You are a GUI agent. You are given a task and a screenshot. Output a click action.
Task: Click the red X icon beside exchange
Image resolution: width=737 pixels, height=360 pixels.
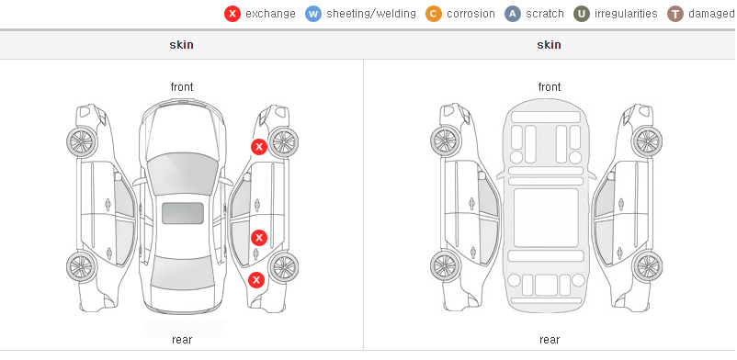(232, 14)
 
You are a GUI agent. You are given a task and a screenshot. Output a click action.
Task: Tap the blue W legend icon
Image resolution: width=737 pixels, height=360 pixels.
(313, 14)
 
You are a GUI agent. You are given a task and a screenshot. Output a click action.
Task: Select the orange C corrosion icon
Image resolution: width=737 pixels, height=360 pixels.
(434, 14)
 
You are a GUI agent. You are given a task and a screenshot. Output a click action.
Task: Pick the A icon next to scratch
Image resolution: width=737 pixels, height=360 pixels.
(513, 14)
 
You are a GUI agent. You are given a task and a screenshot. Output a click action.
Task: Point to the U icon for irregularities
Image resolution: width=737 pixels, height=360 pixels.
(582, 14)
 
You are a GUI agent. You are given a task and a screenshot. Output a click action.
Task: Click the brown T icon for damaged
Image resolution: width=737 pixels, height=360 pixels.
(675, 14)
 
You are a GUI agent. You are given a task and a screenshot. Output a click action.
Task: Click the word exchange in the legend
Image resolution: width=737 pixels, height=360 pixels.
(270, 14)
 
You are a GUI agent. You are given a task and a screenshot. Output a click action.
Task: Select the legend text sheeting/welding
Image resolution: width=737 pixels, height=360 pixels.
(371, 14)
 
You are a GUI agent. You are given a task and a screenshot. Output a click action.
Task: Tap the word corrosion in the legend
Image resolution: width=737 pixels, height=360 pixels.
(471, 14)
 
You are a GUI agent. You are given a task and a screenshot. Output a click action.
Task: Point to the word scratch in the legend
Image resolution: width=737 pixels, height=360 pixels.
(545, 14)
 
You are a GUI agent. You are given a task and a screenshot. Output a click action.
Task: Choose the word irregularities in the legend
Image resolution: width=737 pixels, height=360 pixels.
(626, 14)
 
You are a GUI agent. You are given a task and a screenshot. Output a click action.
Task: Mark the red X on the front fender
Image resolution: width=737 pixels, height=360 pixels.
(258, 147)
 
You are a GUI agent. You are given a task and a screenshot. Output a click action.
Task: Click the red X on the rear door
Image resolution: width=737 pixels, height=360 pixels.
(258, 238)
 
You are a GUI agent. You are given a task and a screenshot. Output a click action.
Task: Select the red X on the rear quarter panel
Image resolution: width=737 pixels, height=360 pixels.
(256, 281)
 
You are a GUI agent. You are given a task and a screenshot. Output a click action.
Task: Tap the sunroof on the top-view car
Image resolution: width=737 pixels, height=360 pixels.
(183, 213)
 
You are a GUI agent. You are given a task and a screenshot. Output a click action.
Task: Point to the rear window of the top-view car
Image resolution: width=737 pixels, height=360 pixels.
(182, 274)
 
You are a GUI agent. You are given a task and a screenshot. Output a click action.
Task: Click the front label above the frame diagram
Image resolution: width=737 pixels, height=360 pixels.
(550, 87)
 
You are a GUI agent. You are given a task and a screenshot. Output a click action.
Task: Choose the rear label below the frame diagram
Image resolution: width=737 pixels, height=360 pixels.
(550, 340)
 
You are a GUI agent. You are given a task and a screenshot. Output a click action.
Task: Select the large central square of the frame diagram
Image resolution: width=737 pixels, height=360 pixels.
(546, 218)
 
